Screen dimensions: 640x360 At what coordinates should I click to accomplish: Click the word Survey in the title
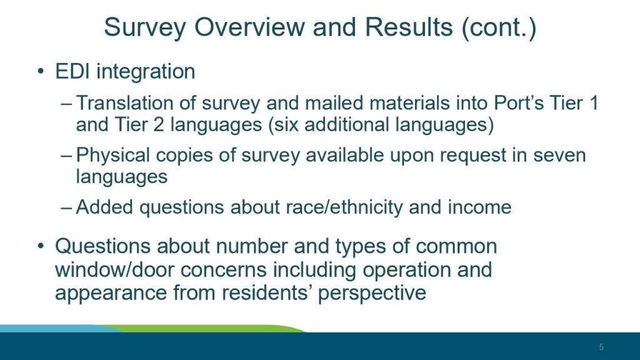(145, 27)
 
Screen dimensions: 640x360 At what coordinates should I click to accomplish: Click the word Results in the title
(409, 27)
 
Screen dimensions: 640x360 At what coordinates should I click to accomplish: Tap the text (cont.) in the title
(499, 27)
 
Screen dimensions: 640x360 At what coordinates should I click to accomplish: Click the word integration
(146, 72)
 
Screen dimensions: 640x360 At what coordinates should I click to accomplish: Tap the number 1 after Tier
(593, 103)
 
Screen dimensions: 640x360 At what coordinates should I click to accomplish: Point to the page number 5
(601, 347)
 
